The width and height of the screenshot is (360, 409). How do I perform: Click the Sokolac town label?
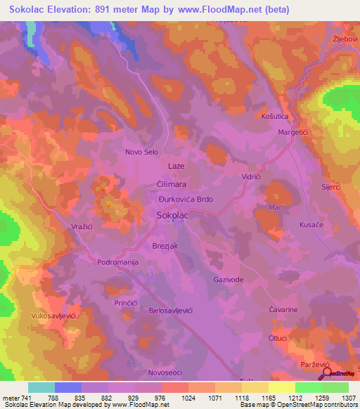click(172, 216)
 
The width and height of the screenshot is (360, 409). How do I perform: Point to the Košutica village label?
click(275, 116)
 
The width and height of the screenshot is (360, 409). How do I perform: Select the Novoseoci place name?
click(166, 372)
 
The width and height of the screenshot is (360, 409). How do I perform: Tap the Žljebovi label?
click(345, 39)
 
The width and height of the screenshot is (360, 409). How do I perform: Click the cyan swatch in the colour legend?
click(41, 387)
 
